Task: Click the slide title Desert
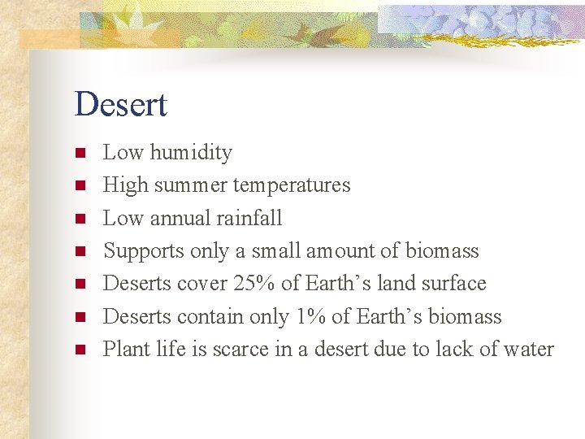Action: (x=120, y=105)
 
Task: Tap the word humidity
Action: (x=191, y=152)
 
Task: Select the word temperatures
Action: (x=292, y=185)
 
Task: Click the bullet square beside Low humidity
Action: (x=80, y=153)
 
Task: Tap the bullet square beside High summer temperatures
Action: (x=80, y=185)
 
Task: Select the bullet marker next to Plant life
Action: (x=80, y=350)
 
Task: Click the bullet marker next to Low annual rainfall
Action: (x=80, y=219)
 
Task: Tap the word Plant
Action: (x=124, y=350)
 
